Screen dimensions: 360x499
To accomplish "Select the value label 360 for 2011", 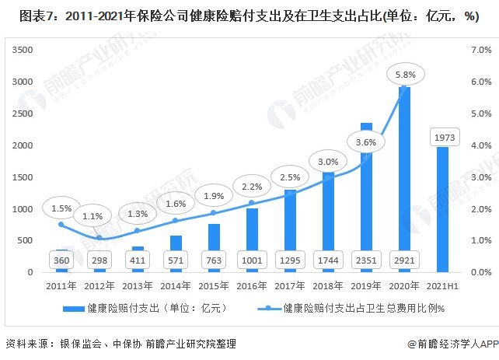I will pyautogui.click(x=63, y=260).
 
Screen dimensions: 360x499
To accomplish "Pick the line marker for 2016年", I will pyautogui.click(x=252, y=203).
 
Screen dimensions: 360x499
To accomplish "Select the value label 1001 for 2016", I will pyautogui.click(x=252, y=260).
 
